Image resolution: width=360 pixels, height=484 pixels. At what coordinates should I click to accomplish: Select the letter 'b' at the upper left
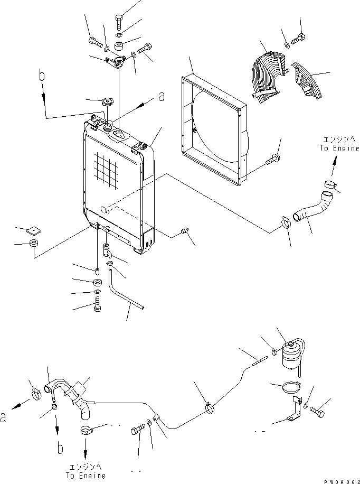coord(42,77)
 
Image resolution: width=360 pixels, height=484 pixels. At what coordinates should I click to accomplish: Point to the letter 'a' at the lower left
coord(5,418)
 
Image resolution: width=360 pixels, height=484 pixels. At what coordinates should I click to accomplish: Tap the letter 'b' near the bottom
coord(60,448)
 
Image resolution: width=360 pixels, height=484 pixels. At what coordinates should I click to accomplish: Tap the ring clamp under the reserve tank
coord(288,387)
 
